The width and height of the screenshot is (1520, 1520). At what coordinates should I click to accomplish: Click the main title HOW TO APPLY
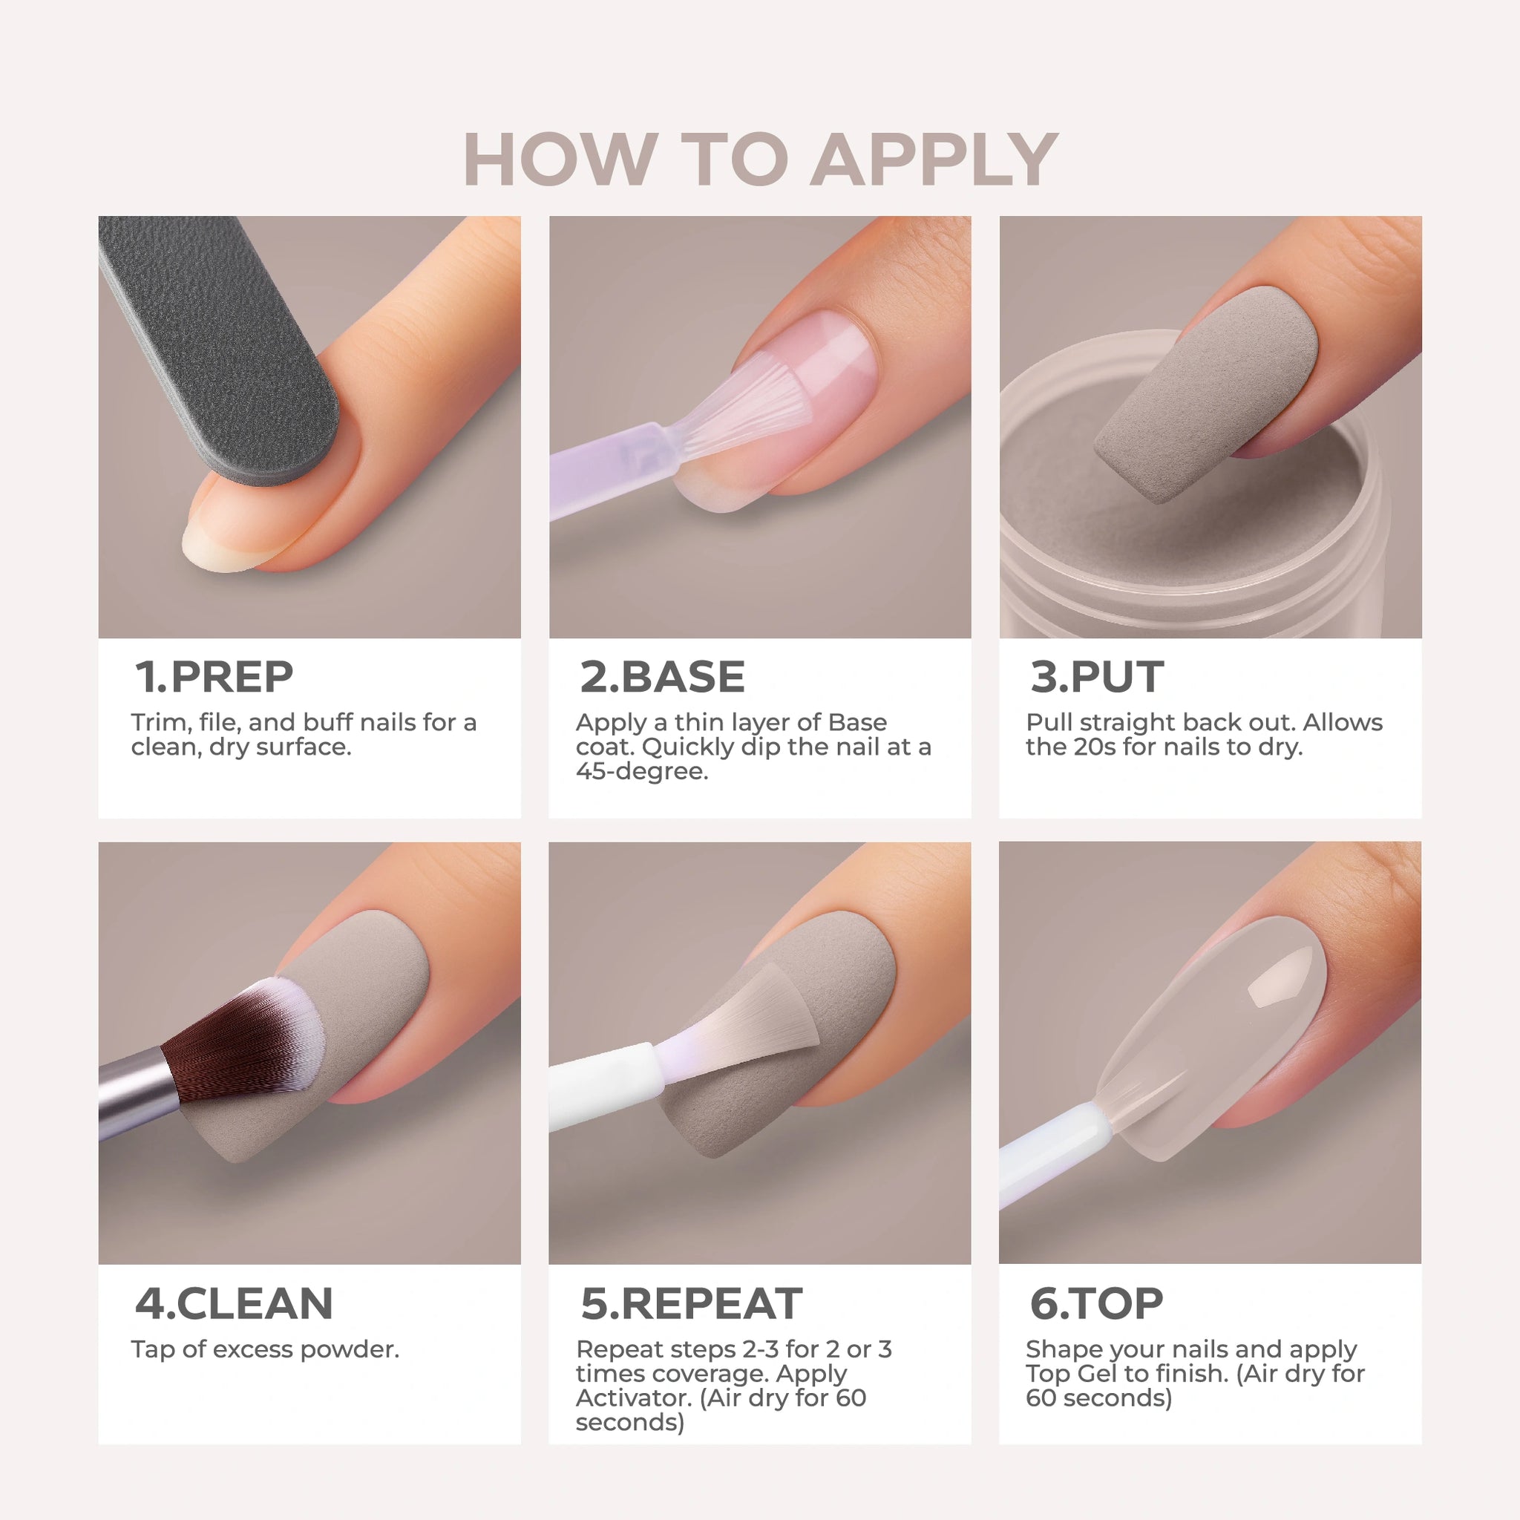point(760,160)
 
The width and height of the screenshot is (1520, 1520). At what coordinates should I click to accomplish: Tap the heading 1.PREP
point(214,677)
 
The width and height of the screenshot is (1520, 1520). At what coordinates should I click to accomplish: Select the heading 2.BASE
point(663,677)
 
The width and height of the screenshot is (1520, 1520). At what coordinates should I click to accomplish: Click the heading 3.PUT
point(1097,677)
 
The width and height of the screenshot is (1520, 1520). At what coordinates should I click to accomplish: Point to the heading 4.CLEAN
point(234,1303)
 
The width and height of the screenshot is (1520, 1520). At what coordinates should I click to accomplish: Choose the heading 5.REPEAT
point(692,1303)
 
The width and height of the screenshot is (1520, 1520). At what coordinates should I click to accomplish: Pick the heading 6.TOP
point(1096,1303)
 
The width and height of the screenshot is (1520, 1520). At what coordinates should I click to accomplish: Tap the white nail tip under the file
point(206,543)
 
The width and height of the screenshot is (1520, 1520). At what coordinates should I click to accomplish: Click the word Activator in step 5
point(633,1398)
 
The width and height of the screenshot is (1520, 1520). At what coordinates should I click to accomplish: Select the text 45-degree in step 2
point(642,771)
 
